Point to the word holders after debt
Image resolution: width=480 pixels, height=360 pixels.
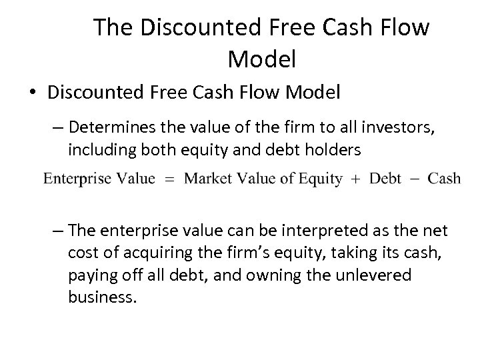[x=331, y=150]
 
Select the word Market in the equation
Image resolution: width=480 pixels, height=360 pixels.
[x=206, y=179]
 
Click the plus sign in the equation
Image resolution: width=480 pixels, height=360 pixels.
[x=356, y=179]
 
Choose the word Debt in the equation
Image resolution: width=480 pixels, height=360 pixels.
[x=386, y=179]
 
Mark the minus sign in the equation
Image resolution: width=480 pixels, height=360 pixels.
[x=415, y=179]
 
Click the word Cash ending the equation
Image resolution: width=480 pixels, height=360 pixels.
[x=443, y=179]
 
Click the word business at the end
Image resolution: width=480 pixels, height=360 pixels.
[x=102, y=297]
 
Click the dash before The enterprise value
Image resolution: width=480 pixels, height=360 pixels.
[x=58, y=231]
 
